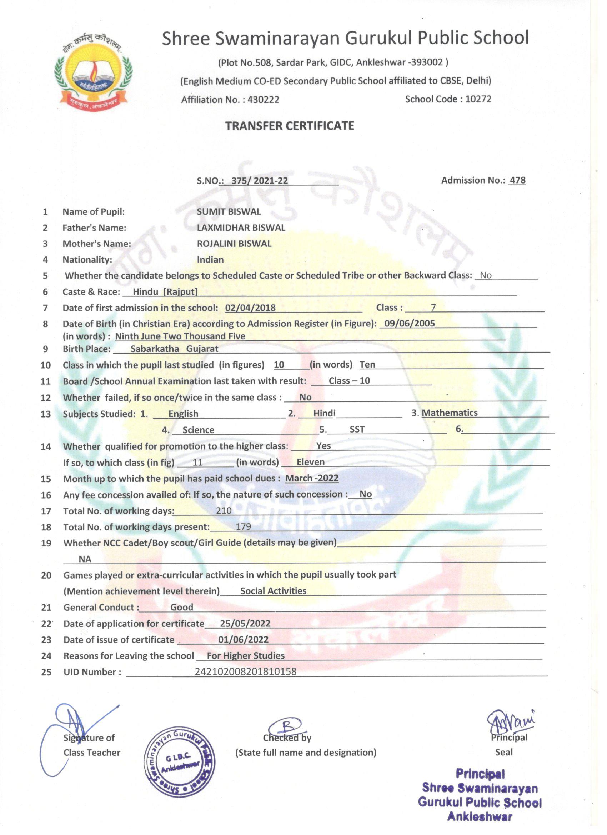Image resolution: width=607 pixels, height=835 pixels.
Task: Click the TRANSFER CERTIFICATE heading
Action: coord(290,126)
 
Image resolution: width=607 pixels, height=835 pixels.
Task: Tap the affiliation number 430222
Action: coord(263,100)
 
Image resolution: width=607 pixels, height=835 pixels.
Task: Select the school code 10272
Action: coord(478,99)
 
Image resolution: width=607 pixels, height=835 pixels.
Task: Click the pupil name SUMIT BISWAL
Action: coord(229,212)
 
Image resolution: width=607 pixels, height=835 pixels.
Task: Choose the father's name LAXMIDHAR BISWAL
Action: coord(241,228)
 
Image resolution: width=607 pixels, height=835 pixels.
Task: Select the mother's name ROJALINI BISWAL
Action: coord(234,244)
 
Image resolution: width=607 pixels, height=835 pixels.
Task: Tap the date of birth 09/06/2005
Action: coord(409,324)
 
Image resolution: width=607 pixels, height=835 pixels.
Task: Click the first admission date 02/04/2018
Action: coord(250,308)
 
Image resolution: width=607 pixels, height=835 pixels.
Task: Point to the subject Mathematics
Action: coord(450,413)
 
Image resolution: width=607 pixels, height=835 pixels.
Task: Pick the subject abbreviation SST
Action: coord(357,429)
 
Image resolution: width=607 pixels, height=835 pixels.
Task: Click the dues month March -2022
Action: coord(312,478)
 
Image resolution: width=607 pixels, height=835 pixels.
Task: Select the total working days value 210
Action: coord(224,511)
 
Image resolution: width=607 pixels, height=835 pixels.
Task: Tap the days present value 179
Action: coord(243,527)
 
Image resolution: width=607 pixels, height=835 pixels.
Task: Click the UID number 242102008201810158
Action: coord(246,672)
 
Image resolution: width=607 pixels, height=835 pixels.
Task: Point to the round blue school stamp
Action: coord(179,763)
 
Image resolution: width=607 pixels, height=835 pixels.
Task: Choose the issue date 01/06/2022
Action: coord(243,640)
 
